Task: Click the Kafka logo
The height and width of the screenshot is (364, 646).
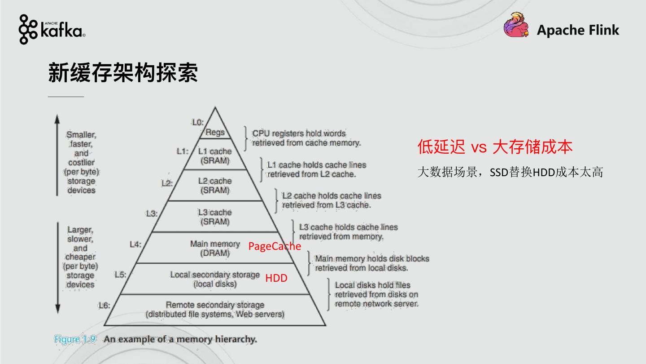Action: [52, 29]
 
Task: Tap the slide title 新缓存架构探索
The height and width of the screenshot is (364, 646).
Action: [122, 73]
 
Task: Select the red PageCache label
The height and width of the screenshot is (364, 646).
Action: [275, 246]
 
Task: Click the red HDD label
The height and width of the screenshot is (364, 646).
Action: [276, 278]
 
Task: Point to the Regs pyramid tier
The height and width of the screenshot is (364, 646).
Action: [215, 133]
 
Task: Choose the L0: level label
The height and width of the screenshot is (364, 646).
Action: [197, 122]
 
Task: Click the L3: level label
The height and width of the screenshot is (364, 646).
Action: [152, 213]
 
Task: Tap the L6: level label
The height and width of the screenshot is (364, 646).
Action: [104, 306]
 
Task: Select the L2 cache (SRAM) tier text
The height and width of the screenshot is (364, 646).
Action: [215, 185]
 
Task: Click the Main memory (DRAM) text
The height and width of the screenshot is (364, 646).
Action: [215, 248]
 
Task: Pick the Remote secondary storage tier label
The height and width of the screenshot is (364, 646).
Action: [215, 305]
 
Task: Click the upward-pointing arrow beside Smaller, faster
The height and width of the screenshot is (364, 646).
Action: [57, 155]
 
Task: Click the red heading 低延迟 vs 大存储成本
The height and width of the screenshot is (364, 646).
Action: [495, 147]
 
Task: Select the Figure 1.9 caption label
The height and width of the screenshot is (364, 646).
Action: [75, 339]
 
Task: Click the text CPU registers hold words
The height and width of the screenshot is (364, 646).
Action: [299, 133]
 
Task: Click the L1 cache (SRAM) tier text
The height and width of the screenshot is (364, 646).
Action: [215, 155]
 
